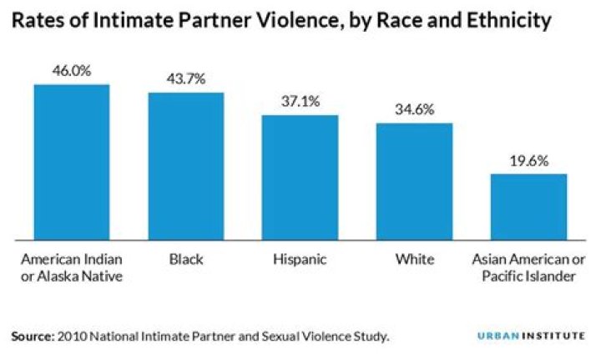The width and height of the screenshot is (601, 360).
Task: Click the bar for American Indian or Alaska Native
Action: click(x=72, y=161)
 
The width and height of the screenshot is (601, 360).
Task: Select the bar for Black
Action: click(x=186, y=165)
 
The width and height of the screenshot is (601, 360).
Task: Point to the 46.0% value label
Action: click(x=72, y=71)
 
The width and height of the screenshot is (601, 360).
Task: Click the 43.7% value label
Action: click(x=186, y=79)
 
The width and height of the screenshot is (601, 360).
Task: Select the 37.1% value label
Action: click(x=300, y=101)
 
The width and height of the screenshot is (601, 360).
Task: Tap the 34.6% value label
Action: click(x=414, y=109)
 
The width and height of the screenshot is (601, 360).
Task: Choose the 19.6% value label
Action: click(x=528, y=160)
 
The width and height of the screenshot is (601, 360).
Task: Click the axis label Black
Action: click(x=186, y=260)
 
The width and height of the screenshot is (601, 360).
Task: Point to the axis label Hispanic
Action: click(x=300, y=260)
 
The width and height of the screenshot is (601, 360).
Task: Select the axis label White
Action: click(x=414, y=260)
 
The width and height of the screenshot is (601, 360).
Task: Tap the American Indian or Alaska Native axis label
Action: click(x=72, y=268)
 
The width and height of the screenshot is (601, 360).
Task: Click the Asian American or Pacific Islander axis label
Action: click(x=528, y=268)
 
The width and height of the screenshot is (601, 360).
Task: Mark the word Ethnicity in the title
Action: click(x=505, y=21)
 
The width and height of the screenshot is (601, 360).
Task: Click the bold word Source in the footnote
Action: click(x=31, y=337)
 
